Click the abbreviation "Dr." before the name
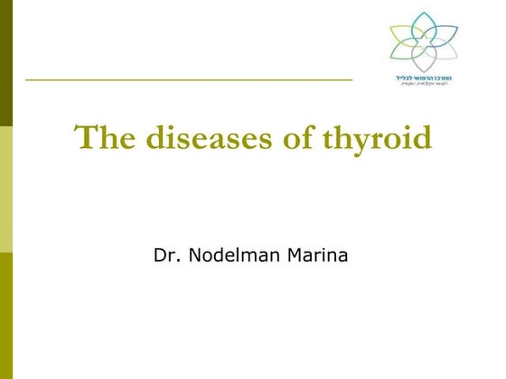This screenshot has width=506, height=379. point(169,256)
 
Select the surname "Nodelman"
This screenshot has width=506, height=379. point(230,256)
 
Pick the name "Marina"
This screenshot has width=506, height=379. point(315,256)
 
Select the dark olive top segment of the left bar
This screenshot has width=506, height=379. point(6,63)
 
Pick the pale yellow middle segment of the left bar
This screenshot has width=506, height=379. point(6,189)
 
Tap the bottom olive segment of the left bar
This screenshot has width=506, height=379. point(6,315)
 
